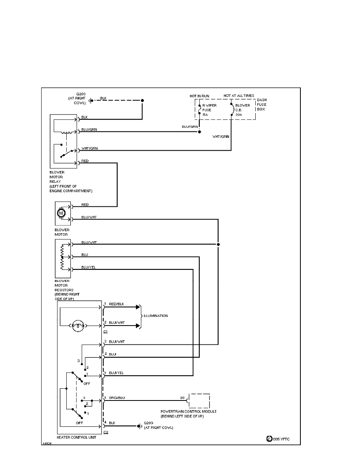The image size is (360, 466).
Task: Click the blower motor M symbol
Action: (61, 213)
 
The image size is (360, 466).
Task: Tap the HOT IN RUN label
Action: (199, 95)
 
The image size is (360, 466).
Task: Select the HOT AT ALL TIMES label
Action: (239, 95)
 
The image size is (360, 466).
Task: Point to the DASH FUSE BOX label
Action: (261, 105)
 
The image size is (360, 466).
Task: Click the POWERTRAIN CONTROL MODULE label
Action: (189, 411)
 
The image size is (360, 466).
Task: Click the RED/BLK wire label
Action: (116, 304)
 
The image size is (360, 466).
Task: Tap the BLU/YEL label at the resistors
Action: (89, 267)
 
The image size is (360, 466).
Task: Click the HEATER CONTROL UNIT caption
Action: (76, 437)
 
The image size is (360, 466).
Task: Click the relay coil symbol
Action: (69, 132)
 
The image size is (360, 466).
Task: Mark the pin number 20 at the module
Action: (182, 398)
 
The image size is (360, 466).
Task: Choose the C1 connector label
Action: (105, 331)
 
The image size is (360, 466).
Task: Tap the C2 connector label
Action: (105, 432)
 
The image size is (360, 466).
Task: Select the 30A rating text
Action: (239, 115)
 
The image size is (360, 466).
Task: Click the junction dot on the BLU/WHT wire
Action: (218, 244)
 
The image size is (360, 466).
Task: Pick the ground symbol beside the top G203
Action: (91, 100)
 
